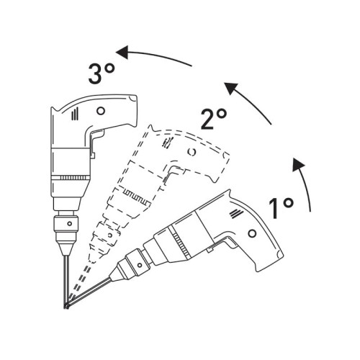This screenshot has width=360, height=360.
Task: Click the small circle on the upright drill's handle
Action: pos(100,110)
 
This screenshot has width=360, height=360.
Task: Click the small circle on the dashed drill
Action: pos(191,152)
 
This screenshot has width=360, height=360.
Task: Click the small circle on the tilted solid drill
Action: pos(251,234)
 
